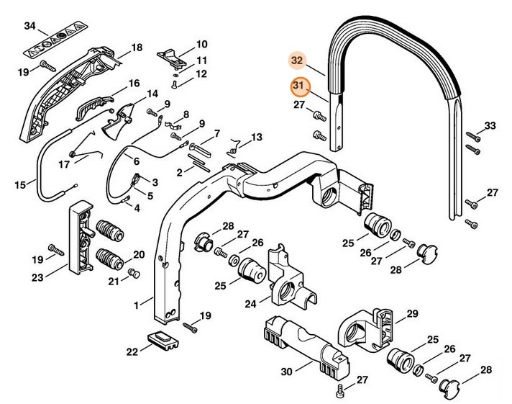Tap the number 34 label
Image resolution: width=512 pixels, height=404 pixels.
pos(29,27)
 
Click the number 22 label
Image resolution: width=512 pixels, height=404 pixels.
pos(130,351)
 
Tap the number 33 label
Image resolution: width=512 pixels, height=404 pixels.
pos(490,126)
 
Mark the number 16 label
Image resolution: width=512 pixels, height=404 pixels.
pos(134,84)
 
